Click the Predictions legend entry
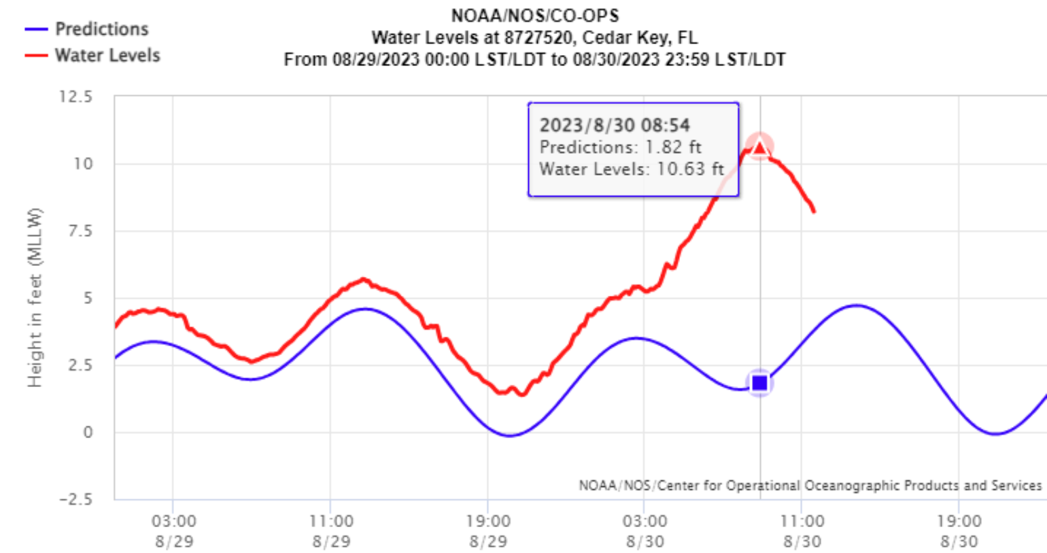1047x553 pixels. [x=101, y=29]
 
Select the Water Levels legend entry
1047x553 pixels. [x=107, y=55]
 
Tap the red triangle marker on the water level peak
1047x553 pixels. [x=759, y=146]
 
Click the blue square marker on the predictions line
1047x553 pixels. [x=759, y=383]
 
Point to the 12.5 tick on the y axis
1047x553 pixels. [x=75, y=97]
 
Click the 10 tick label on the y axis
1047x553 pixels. [x=83, y=164]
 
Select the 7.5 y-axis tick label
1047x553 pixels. [x=79, y=231]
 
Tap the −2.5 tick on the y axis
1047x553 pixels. [x=75, y=499]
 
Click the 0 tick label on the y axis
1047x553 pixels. [x=87, y=433]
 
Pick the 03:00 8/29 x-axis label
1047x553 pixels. [x=173, y=531]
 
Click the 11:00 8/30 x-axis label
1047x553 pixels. [x=802, y=531]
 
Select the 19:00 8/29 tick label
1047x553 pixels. [x=488, y=531]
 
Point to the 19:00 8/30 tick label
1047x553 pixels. [x=959, y=531]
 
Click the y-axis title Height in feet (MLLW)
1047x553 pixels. [x=35, y=297]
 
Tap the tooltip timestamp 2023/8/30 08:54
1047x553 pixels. [x=615, y=125]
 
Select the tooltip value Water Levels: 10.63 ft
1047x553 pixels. [x=632, y=169]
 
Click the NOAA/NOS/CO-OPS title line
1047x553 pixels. [x=534, y=16]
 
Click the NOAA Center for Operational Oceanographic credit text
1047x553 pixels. [x=810, y=486]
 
